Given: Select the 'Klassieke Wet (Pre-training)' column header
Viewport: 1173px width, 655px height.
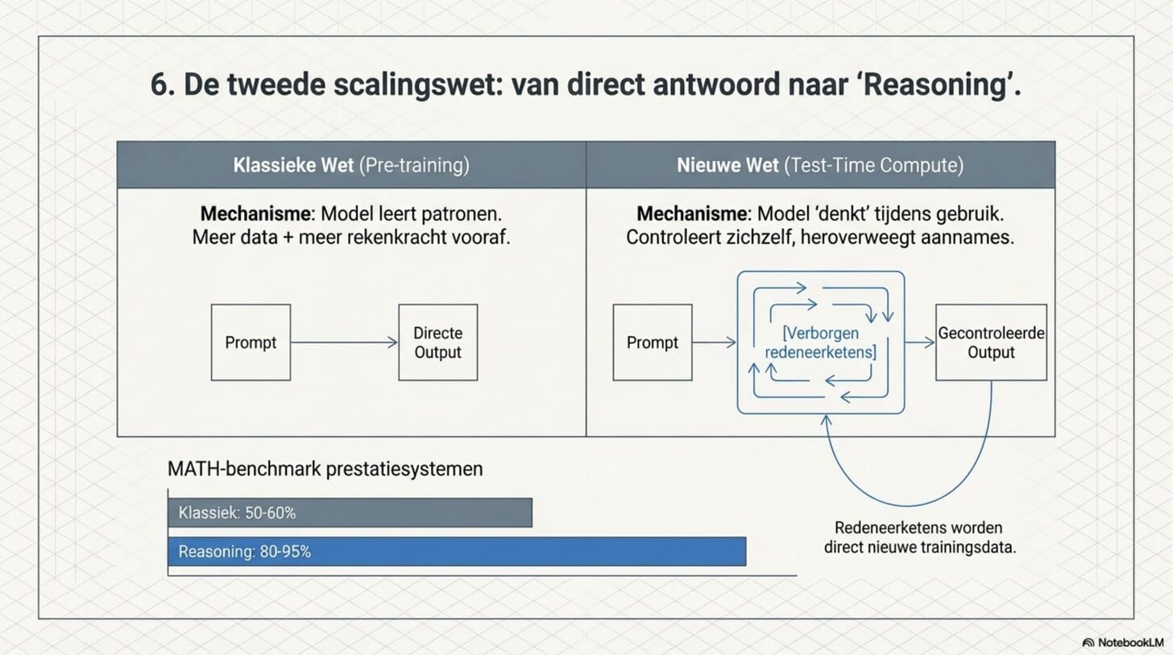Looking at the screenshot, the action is pyautogui.click(x=351, y=165).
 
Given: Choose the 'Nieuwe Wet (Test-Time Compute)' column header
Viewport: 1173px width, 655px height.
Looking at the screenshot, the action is pyautogui.click(x=820, y=165).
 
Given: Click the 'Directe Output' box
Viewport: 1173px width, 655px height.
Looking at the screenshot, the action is pyautogui.click(x=437, y=342).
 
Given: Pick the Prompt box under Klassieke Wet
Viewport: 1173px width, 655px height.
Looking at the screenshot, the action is pyautogui.click(x=251, y=342).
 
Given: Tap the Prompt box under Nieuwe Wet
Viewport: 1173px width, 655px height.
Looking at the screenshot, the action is pyautogui.click(x=652, y=342).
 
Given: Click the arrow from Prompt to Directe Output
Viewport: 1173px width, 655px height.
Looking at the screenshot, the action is pyautogui.click(x=344, y=342).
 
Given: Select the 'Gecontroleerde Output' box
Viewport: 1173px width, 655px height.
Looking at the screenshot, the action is pyautogui.click(x=991, y=342).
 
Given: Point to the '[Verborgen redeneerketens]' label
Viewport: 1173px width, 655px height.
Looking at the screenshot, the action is pyautogui.click(x=821, y=342).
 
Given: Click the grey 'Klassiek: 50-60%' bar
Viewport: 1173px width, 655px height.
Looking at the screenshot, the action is pyautogui.click(x=350, y=512).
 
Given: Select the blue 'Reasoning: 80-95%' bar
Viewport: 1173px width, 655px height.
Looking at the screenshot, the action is pyautogui.click(x=457, y=552).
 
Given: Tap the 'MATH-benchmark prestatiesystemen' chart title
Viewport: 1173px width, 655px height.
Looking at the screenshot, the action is pyautogui.click(x=325, y=469).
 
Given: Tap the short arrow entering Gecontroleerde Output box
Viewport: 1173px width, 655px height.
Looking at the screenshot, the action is pyautogui.click(x=919, y=342).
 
